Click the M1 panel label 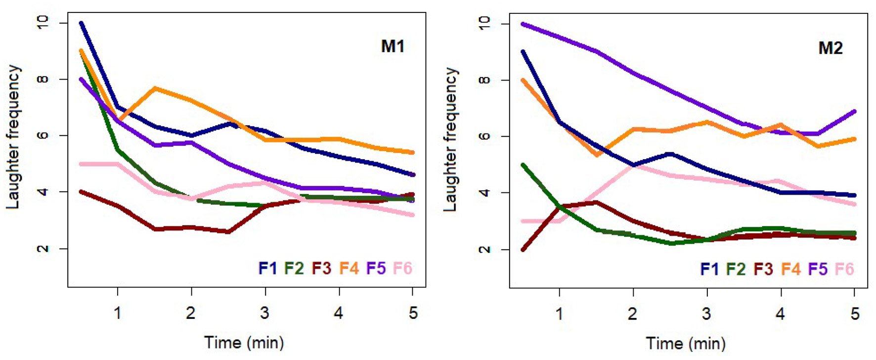pyautogui.click(x=393, y=46)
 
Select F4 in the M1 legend pyautogui.click(x=349, y=268)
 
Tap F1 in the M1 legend pyautogui.click(x=267, y=268)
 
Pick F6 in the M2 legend pyautogui.click(x=844, y=269)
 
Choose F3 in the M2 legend pyautogui.click(x=763, y=269)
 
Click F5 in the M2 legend pyautogui.click(x=818, y=269)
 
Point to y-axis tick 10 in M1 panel pyautogui.click(x=43, y=23)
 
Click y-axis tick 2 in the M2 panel pyautogui.click(x=485, y=250)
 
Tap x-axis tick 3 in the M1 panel pyautogui.click(x=265, y=313)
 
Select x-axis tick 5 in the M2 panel pyautogui.click(x=855, y=314)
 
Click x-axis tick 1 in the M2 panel pyautogui.click(x=559, y=314)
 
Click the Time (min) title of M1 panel pyautogui.click(x=244, y=342)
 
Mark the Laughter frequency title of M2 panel pyautogui.click(x=450, y=139)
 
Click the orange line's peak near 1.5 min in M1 pyautogui.click(x=155, y=88)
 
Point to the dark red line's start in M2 pyautogui.click(x=523, y=250)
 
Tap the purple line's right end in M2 pyautogui.click(x=855, y=111)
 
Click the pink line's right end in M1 pyautogui.click(x=412, y=215)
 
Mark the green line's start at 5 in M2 pyautogui.click(x=523, y=165)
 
